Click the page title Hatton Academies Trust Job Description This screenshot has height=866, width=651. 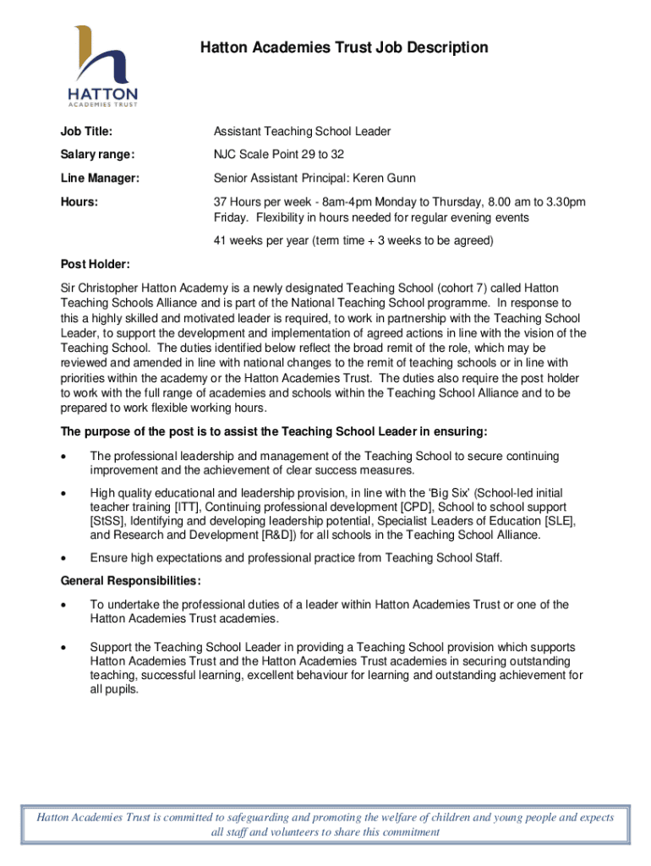[344, 47]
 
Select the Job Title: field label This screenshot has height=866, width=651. [86, 132]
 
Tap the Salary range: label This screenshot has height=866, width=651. [97, 155]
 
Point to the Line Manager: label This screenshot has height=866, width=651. [100, 178]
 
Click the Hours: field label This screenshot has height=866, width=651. [79, 202]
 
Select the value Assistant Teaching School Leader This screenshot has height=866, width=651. [302, 132]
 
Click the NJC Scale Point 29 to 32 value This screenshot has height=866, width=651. [278, 155]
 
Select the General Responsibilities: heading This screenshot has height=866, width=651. [130, 581]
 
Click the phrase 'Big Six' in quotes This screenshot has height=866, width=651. [453, 493]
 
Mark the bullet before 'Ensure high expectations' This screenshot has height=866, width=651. [64, 558]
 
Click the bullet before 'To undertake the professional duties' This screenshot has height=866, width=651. [64, 605]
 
